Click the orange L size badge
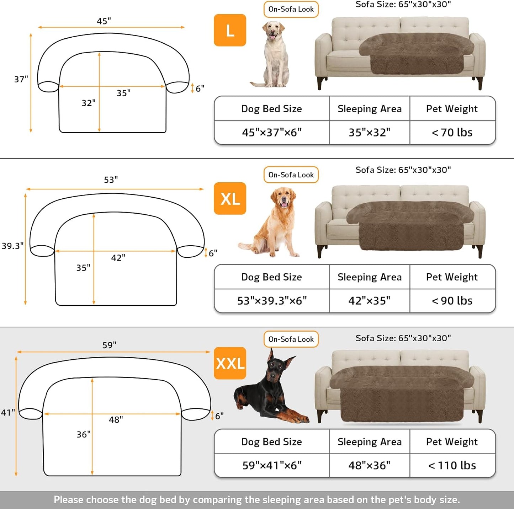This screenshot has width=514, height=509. coord(230,30)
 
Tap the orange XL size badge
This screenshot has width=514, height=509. coord(230,198)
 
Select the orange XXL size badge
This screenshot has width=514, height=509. coord(230,363)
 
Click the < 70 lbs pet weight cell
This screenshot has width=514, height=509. coord(452,133)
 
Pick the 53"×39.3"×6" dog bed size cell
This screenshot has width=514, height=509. coord(272,301)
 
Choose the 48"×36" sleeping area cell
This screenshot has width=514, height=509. coord(369,465)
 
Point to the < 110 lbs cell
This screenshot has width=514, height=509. coord(452,465)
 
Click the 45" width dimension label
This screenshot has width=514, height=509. coord(104,21)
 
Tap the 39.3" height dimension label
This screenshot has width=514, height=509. coord(12,246)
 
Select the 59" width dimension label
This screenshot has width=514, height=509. coord(109,345)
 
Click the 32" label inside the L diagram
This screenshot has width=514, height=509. coord(89,103)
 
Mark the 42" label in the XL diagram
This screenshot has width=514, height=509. coord(118,258)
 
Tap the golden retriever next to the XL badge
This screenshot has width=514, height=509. coord(276,222)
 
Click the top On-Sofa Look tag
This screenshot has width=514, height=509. coord(291,9)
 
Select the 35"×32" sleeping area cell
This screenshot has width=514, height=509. coord(369,133)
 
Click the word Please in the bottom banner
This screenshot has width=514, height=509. coord(68,500)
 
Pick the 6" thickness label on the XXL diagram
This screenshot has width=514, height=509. coord(219,416)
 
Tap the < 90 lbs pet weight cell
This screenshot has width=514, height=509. coord(452,301)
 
